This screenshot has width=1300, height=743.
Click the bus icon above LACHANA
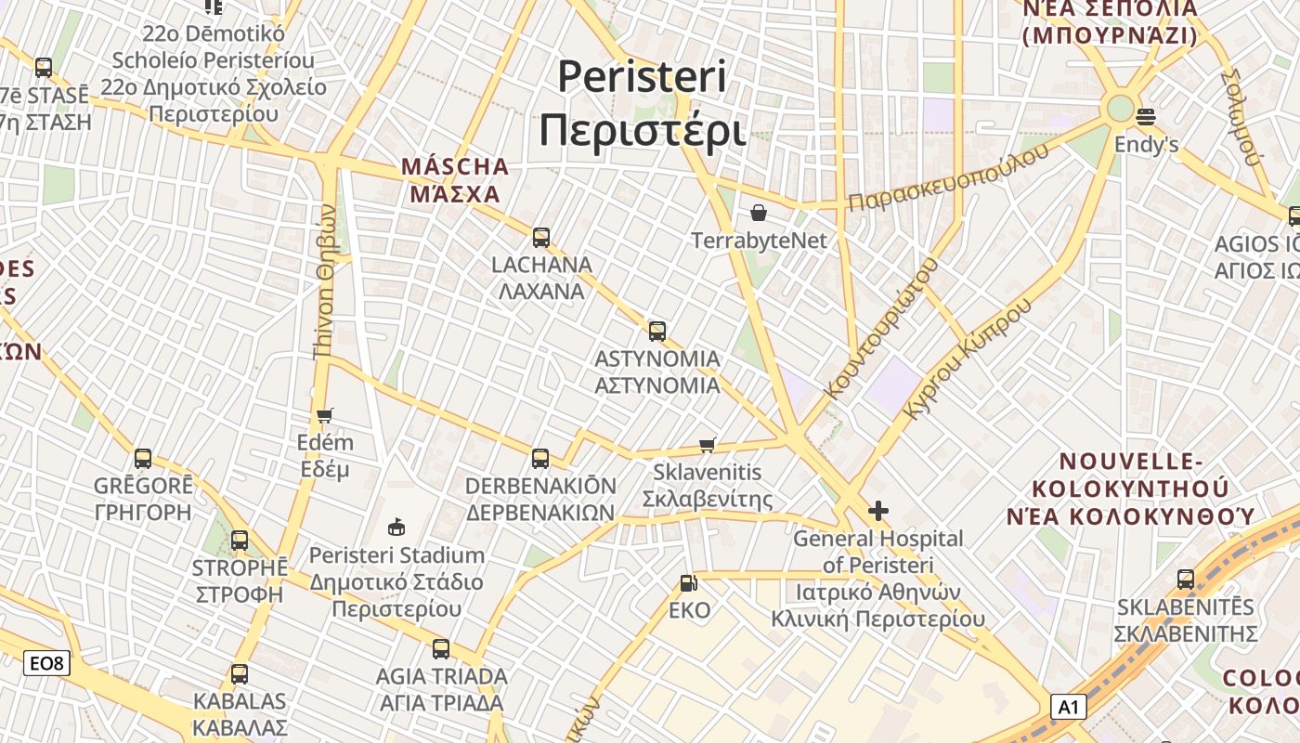click(541, 237)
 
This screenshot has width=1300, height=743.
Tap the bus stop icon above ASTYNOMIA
click(657, 331)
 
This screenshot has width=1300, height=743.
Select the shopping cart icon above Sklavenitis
click(708, 445)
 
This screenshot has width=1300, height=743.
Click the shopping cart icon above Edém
click(324, 415)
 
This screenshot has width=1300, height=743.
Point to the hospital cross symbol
click(877, 511)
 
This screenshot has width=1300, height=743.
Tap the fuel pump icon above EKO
click(689, 583)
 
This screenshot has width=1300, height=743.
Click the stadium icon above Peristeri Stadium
click(396, 528)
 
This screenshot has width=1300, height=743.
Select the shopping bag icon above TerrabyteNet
click(759, 213)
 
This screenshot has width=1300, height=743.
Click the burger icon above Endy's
click(1146, 117)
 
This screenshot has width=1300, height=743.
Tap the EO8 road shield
click(46, 663)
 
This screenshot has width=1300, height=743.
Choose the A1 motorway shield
click(1069, 708)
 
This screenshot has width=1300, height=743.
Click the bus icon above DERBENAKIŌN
click(540, 458)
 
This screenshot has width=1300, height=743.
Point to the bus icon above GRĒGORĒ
click(143, 458)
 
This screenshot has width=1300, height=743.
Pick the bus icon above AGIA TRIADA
click(441, 648)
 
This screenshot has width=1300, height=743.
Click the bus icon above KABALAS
click(240, 673)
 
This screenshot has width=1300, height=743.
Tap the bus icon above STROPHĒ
click(240, 540)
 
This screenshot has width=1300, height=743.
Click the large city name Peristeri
click(642, 76)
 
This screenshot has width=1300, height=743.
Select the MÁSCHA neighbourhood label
click(455, 167)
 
